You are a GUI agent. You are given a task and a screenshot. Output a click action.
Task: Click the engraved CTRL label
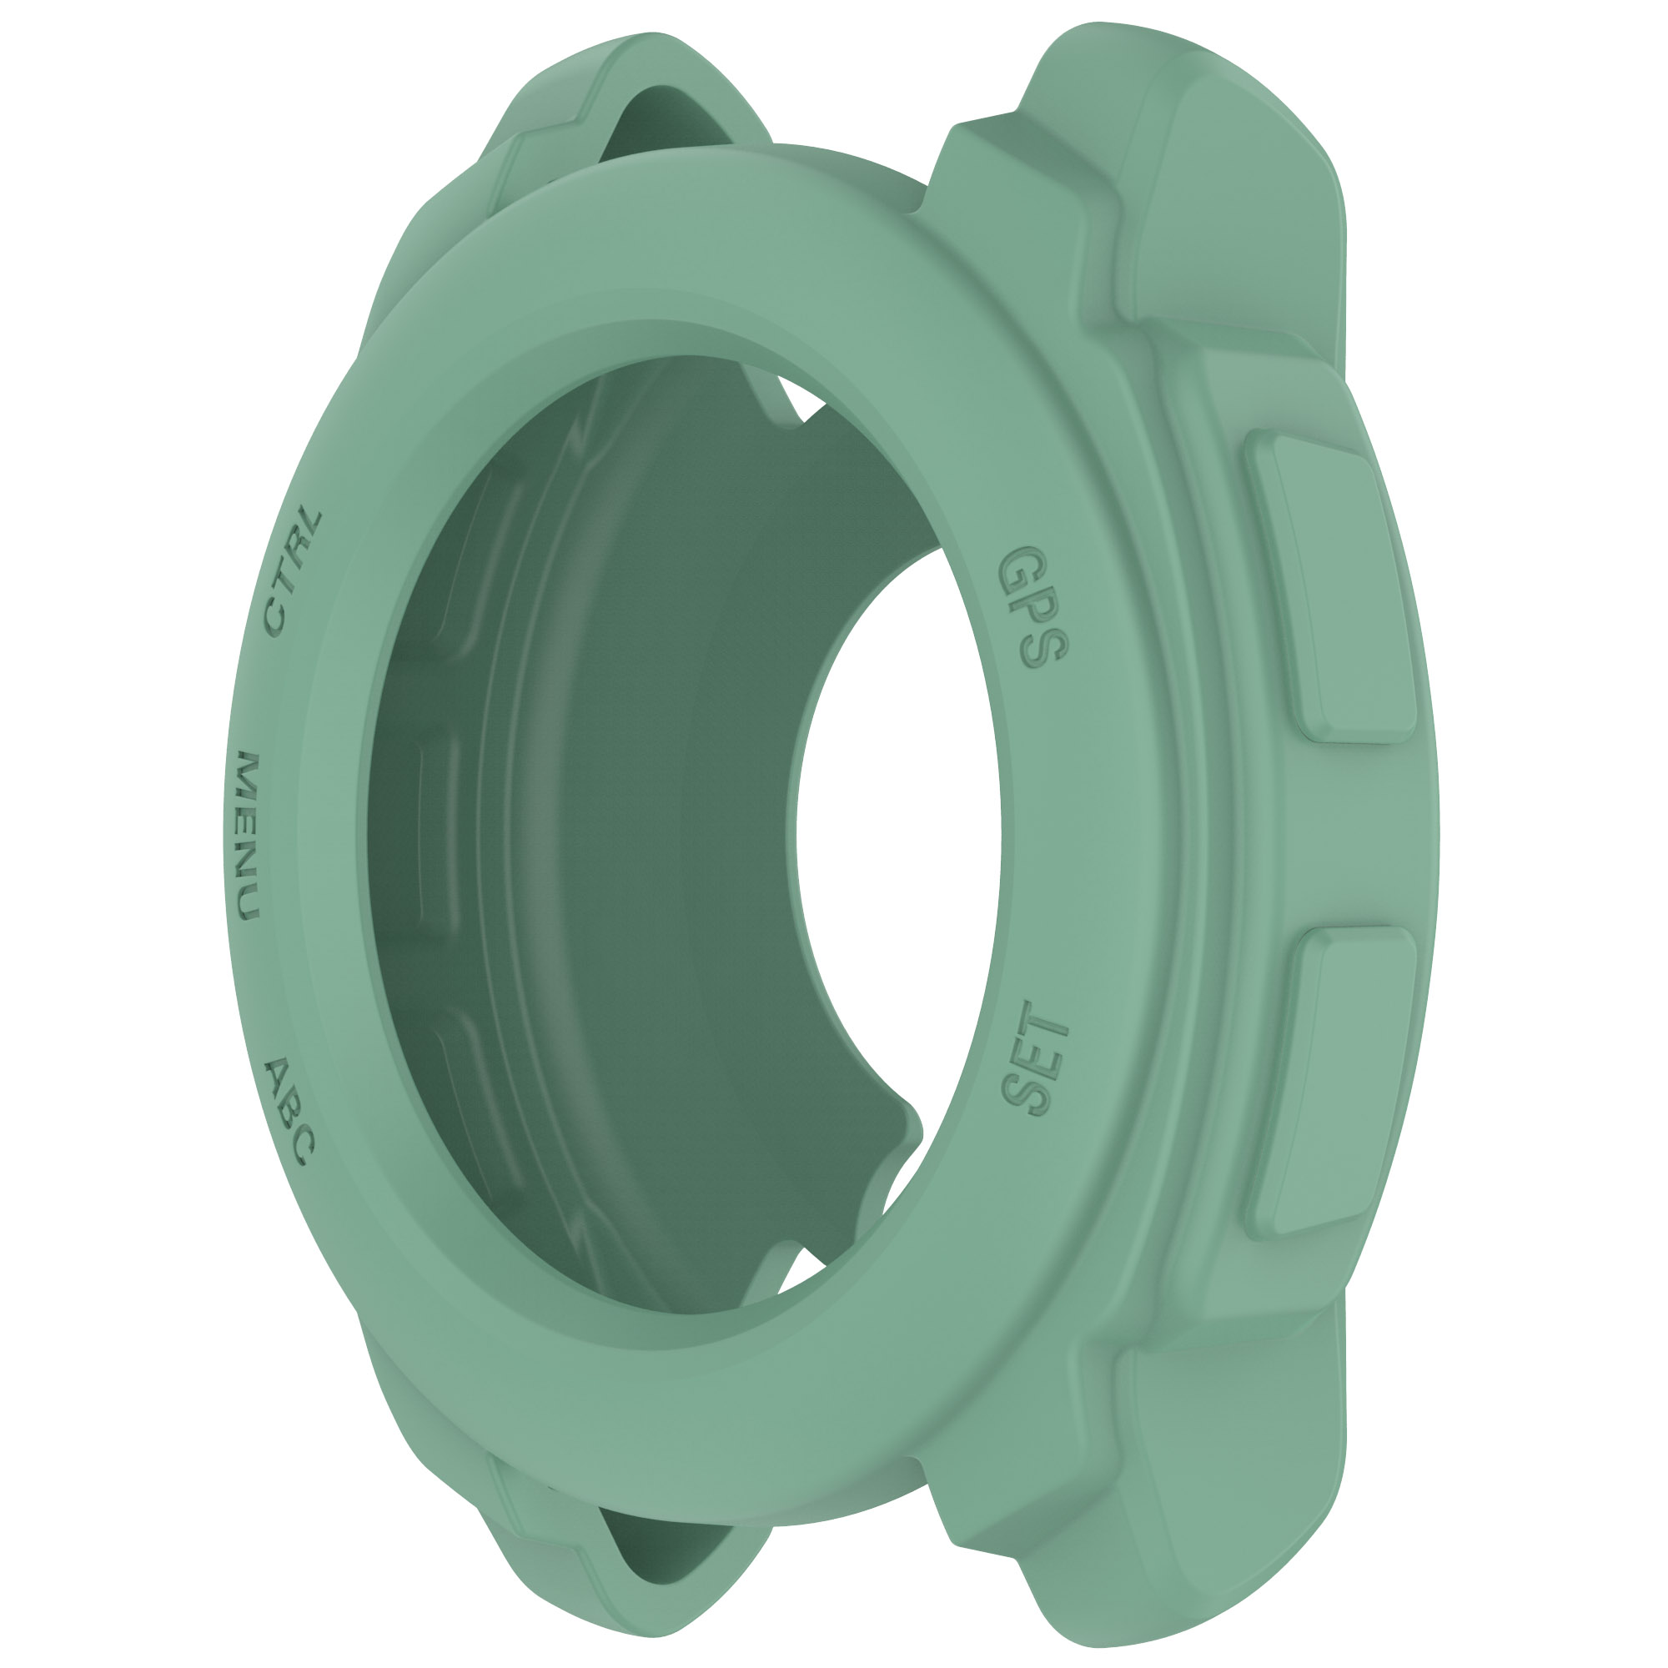coord(292,572)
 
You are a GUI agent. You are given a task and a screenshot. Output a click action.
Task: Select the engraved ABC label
coord(289,1109)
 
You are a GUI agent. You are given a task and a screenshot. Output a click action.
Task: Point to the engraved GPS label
coord(1032,607)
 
